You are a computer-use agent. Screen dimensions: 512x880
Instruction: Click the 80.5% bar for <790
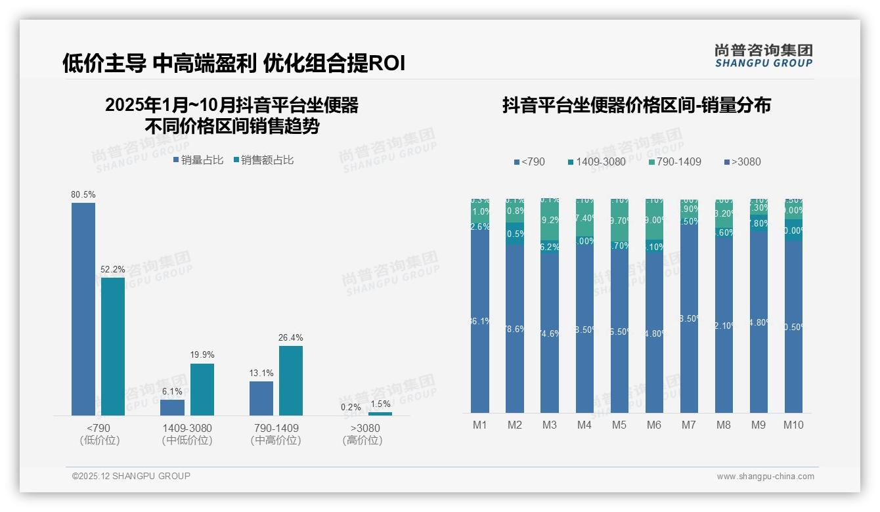tap(83, 309)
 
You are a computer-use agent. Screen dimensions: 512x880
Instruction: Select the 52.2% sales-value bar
tap(113, 346)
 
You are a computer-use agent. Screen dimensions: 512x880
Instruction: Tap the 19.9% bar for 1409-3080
tap(202, 389)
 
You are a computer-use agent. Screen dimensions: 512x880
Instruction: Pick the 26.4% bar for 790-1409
tap(291, 381)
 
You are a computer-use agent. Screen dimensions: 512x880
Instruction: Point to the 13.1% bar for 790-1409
tap(261, 398)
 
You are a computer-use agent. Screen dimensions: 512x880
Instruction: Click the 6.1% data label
tap(172, 392)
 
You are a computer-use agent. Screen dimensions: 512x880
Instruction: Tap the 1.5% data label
tap(380, 404)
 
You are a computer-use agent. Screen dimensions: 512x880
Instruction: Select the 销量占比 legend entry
tap(198, 160)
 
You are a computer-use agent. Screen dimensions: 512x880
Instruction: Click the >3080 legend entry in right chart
tap(742, 161)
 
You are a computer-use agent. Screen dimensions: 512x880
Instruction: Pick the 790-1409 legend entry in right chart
tap(675, 161)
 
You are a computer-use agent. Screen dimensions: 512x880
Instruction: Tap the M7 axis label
tap(688, 425)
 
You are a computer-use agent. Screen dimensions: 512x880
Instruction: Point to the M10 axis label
tap(793, 425)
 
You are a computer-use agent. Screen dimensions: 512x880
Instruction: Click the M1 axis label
tap(480, 425)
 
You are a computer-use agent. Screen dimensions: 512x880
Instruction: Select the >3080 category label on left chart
tap(362, 434)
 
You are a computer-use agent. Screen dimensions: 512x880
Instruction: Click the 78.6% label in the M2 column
tap(515, 329)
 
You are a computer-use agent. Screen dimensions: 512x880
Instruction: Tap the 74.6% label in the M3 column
tap(550, 333)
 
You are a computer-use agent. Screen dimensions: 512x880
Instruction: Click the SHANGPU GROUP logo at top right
tap(764, 56)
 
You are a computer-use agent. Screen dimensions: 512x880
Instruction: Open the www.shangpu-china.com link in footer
tap(765, 477)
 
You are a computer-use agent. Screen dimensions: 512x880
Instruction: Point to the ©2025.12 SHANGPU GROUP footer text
tap(131, 476)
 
